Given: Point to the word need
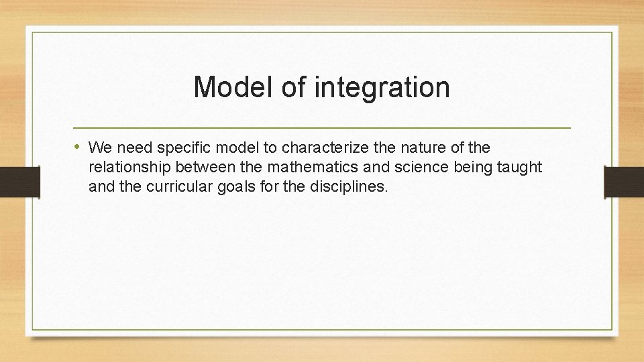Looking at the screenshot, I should click(134, 147).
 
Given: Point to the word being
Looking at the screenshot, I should click(474, 166).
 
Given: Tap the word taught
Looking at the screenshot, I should click(519, 166).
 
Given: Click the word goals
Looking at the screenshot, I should click(237, 186).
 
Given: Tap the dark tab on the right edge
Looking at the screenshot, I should click(624, 182).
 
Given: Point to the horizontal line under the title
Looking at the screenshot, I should click(322, 127).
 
